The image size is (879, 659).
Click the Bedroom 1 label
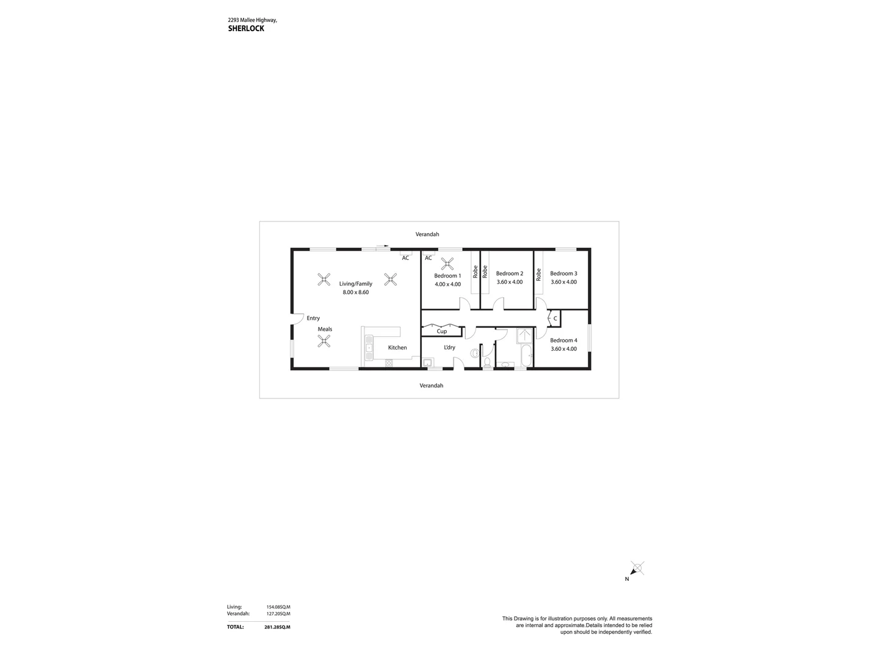tap(447, 276)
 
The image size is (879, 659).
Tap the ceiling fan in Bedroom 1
tap(447, 264)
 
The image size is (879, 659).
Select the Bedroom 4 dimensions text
tap(563, 349)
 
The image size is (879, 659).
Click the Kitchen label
tap(397, 348)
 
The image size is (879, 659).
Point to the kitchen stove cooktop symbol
tap(389, 362)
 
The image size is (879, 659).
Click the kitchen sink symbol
tap(369, 348)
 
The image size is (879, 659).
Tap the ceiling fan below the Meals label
tap(324, 342)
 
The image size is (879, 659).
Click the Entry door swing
tap(298, 318)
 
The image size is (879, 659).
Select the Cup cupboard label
tap(441, 331)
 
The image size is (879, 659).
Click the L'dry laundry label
tap(449, 348)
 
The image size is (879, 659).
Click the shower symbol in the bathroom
tap(524, 335)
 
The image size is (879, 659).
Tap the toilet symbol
tap(487, 362)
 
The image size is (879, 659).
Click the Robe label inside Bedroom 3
tap(538, 275)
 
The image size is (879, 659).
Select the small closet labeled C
tap(555, 319)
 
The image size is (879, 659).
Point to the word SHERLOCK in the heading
tap(246, 29)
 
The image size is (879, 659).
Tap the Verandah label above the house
tap(427, 234)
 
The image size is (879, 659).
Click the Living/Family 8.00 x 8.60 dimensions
tap(355, 292)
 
